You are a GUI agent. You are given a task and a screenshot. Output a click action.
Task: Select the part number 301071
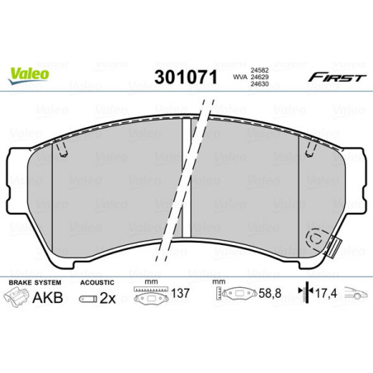pyautogui.click(x=187, y=79)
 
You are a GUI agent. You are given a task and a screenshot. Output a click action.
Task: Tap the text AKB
pyautogui.click(x=52, y=297)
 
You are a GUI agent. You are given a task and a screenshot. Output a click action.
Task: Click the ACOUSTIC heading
pyautogui.click(x=97, y=282)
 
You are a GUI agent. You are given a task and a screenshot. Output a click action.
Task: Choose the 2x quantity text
pyautogui.click(x=106, y=297)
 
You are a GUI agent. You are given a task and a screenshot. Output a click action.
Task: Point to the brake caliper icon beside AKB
pyautogui.click(x=22, y=298)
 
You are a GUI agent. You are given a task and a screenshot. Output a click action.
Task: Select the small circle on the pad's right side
pyautogui.click(x=314, y=238)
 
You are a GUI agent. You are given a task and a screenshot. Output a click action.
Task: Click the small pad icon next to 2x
pyautogui.click(x=85, y=298)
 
